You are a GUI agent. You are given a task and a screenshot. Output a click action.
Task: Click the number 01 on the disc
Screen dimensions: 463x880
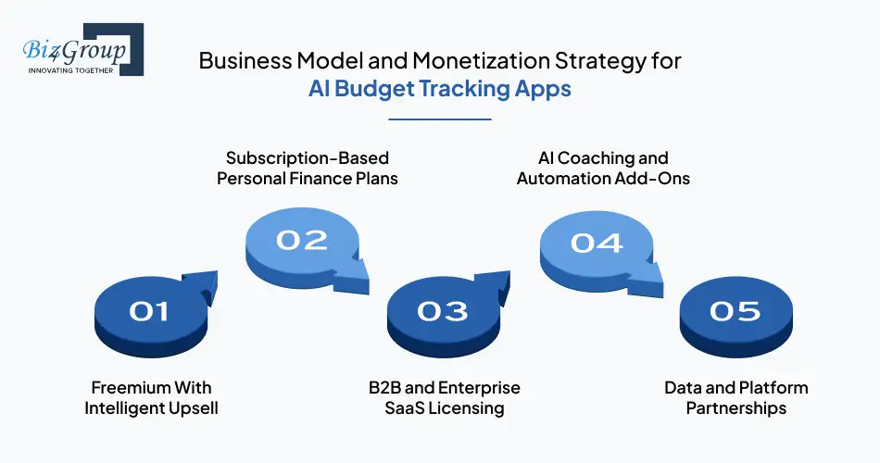click(148, 311)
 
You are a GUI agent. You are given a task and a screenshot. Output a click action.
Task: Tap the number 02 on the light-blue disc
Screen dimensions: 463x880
click(302, 240)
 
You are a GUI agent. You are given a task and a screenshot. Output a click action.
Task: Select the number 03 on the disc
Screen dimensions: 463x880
click(443, 311)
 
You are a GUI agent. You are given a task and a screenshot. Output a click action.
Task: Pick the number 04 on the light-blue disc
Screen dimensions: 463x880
click(597, 242)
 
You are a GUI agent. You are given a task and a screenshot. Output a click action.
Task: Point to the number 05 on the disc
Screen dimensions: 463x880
click(735, 311)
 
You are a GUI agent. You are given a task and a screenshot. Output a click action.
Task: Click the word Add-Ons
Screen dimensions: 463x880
click(655, 178)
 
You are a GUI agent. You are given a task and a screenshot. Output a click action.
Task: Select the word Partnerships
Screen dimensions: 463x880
click(735, 407)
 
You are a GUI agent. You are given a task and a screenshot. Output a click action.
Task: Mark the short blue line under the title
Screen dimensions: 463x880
click(439, 119)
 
